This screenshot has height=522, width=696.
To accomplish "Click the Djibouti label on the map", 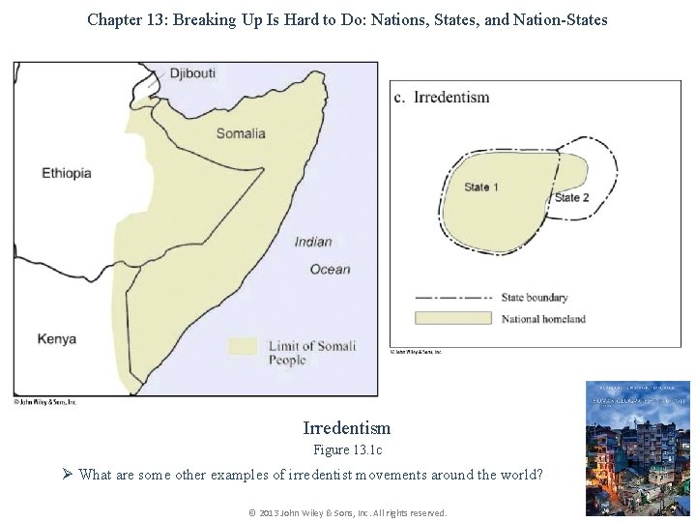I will [x=193, y=73].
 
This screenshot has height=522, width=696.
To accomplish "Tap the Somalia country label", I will [x=241, y=133].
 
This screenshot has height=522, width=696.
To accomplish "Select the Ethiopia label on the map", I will [x=67, y=174].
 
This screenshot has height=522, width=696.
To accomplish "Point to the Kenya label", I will [x=57, y=339].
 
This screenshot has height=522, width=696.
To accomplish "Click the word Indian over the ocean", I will [x=313, y=242].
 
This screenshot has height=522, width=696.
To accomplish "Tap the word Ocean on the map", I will [x=331, y=269].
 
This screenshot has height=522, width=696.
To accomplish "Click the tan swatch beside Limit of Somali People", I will [x=243, y=346].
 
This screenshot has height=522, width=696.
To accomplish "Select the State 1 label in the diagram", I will [x=481, y=187].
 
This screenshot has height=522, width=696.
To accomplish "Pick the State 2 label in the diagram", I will [x=571, y=198].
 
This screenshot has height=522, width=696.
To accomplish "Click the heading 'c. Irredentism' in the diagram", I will [x=443, y=98].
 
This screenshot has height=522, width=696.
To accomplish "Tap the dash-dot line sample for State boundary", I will [x=454, y=298].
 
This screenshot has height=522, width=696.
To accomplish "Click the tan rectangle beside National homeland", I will [x=454, y=318].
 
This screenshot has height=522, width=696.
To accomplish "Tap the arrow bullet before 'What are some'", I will [x=68, y=474].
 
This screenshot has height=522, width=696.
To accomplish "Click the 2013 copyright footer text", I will [x=347, y=512].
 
